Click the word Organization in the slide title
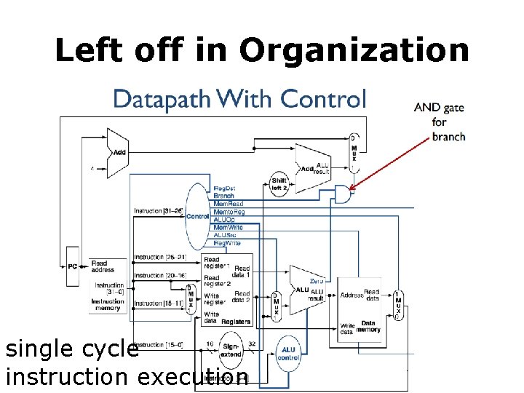click(x=354, y=50)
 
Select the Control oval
click(x=197, y=216)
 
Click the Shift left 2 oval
click(x=279, y=183)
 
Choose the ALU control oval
click(x=289, y=354)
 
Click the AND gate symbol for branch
click(x=341, y=194)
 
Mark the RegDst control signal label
click(x=223, y=188)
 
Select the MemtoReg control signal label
click(x=229, y=212)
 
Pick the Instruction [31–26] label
click(x=157, y=211)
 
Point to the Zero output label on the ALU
click(x=316, y=281)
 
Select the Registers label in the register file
click(x=237, y=321)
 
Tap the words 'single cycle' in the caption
click(x=71, y=349)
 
